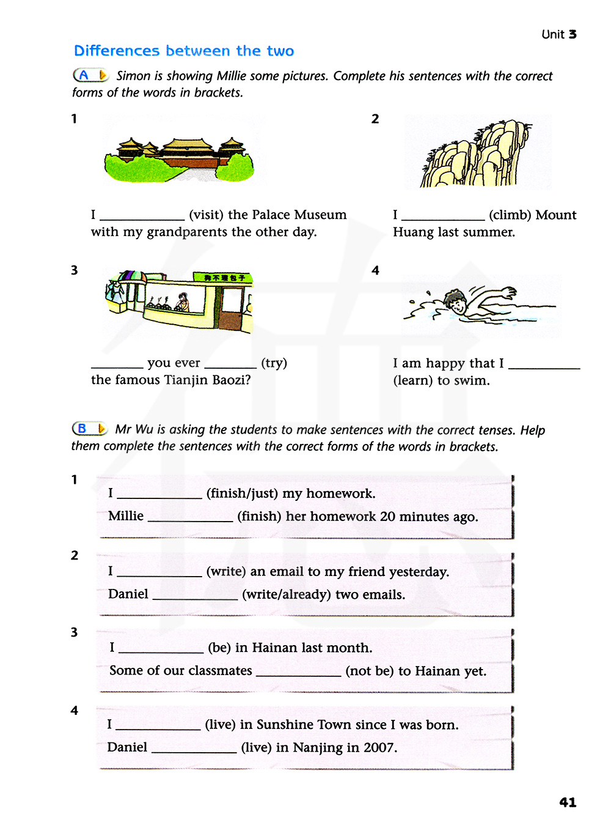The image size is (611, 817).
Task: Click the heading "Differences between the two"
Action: tap(184, 51)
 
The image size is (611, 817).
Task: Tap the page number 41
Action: tap(568, 802)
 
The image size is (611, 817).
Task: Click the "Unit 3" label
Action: tap(558, 34)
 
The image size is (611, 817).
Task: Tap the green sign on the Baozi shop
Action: tap(224, 278)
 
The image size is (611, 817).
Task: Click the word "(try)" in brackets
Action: tap(274, 363)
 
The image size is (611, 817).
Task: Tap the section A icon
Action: tap(90, 75)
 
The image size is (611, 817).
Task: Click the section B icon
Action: tap(89, 429)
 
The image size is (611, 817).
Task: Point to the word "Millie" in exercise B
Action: tap(126, 516)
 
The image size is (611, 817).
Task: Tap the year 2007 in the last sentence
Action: tap(379, 747)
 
